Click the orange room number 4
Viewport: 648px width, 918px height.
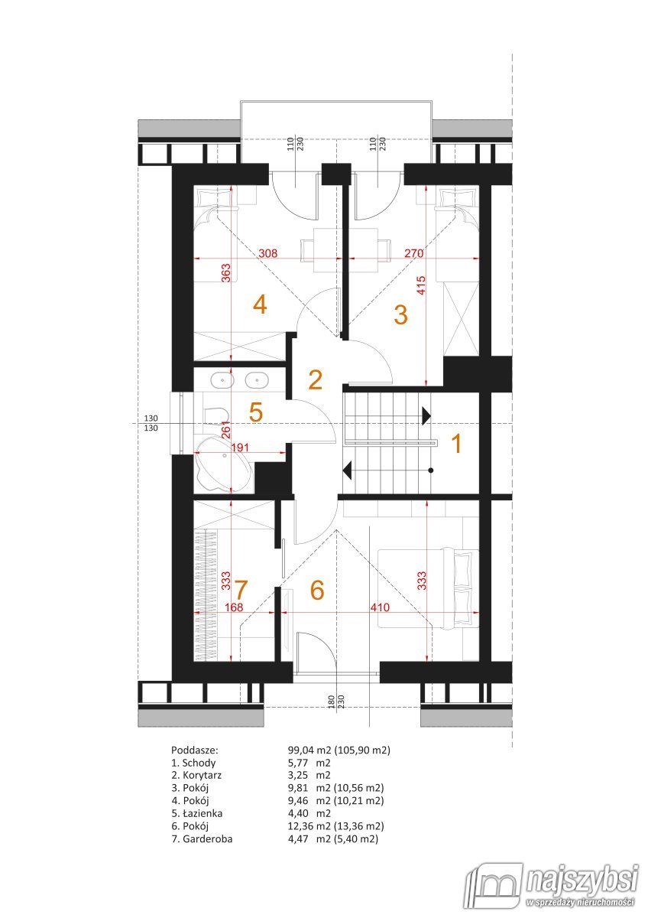[x=261, y=305]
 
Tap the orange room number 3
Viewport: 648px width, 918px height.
[x=400, y=314]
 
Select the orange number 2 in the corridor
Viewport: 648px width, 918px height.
[x=315, y=380]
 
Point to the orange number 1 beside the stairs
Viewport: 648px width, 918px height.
[x=456, y=444]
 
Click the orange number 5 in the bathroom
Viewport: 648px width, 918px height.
[x=256, y=412]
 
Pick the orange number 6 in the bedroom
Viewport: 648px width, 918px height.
[x=317, y=590]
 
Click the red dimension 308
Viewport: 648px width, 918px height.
[x=267, y=253]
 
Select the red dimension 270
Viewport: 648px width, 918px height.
[x=414, y=253]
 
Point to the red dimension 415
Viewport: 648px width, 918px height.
[x=421, y=285]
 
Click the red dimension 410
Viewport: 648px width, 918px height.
[x=380, y=607]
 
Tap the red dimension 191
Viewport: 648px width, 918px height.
[x=239, y=447]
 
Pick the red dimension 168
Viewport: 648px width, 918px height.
[x=234, y=607]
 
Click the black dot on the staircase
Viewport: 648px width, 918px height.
[x=431, y=470]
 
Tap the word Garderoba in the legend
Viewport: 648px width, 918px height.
[x=208, y=839]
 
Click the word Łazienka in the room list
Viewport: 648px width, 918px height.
[x=202, y=813]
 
